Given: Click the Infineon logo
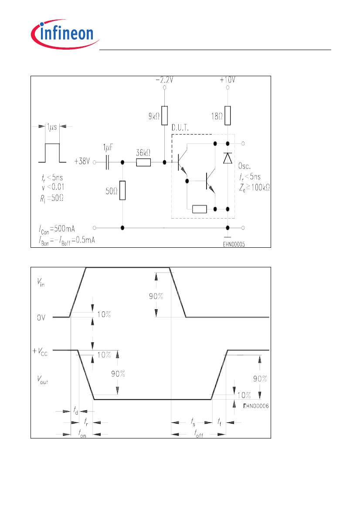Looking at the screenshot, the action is (65, 34).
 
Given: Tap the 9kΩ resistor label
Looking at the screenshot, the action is (154, 116).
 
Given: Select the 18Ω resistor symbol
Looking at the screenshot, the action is (228, 115).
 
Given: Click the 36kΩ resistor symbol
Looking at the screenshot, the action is (143, 162).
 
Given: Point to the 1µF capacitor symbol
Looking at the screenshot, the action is (107, 162).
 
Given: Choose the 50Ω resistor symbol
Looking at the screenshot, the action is (122, 191).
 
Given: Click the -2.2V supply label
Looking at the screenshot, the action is (164, 80).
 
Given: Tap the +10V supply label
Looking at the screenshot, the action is (228, 80).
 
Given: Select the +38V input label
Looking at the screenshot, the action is (82, 162).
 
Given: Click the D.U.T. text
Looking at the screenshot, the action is (180, 128).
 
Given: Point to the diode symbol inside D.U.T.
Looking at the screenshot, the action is (228, 158).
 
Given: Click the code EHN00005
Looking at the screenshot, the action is (234, 244).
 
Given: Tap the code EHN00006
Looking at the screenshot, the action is (256, 406).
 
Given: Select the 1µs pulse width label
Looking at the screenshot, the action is (52, 127).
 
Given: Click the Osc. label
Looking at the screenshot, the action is (245, 166).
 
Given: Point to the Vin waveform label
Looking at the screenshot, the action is (41, 283).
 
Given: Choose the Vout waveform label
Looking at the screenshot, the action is (42, 380).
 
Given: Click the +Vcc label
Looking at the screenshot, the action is (40, 351).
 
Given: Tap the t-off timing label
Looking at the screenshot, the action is (198, 433).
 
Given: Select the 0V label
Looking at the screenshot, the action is (41, 317).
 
